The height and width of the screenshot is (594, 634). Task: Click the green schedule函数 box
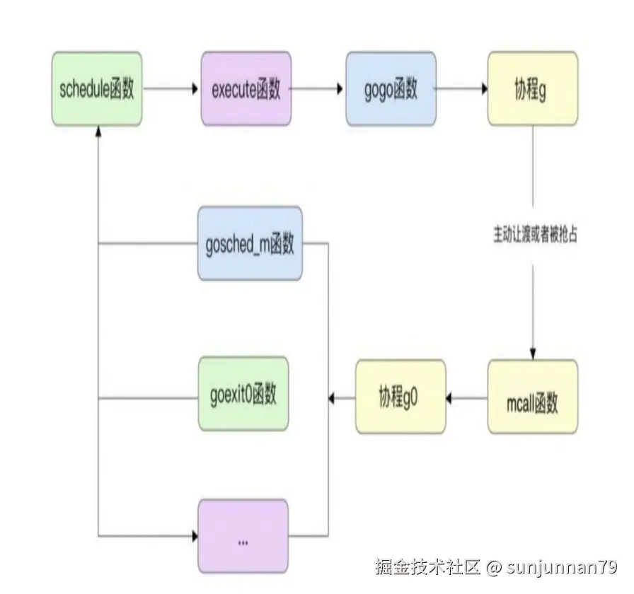[x=98, y=89]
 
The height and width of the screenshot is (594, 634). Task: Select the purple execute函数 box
[x=246, y=89]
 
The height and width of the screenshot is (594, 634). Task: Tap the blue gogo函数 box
[x=390, y=89]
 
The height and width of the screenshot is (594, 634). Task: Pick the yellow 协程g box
[x=532, y=89]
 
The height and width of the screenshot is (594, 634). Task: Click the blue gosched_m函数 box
[x=249, y=243]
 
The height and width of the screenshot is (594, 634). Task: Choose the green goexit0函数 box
[x=243, y=394]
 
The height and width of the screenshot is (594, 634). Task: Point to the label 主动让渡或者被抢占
[x=535, y=235]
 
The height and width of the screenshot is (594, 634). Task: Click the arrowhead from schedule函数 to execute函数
[x=193, y=89]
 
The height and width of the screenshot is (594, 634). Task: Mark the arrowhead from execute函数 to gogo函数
[x=339, y=89]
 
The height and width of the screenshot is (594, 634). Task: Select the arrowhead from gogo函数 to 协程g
[x=483, y=89]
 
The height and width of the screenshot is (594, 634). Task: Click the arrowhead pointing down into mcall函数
[x=533, y=354]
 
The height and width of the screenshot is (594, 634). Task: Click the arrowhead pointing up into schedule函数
[x=98, y=132]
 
